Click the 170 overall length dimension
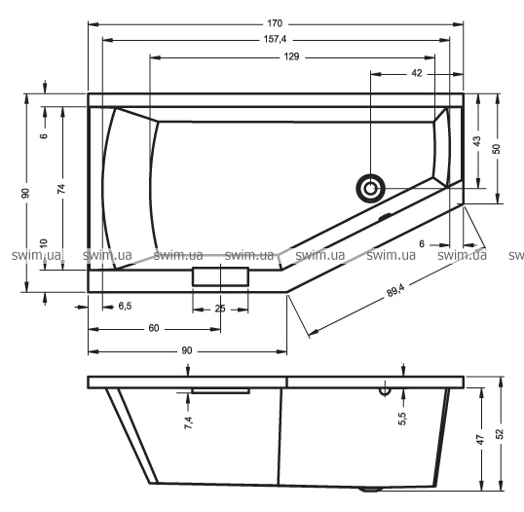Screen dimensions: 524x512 pyautogui.click(x=275, y=23)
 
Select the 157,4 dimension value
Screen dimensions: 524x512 pyautogui.click(x=275, y=39)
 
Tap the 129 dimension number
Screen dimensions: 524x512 pyautogui.click(x=291, y=56)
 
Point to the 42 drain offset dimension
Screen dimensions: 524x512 pyautogui.click(x=417, y=73)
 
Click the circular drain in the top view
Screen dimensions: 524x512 pyautogui.click(x=370, y=189)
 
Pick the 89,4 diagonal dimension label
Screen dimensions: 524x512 pyautogui.click(x=395, y=289)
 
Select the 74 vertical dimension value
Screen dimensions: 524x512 pyautogui.click(x=61, y=189)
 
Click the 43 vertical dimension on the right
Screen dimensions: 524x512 pyautogui.click(x=477, y=141)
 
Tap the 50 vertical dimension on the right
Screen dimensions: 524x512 pyautogui.click(x=497, y=149)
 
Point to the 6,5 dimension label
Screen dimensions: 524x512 pyautogui.click(x=125, y=306)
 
